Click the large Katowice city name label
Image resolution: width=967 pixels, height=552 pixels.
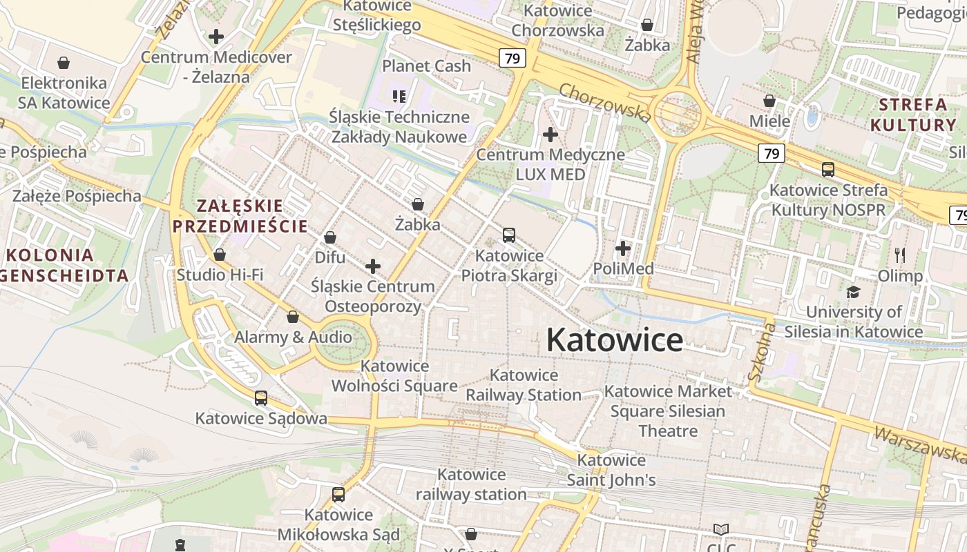tap(615, 340)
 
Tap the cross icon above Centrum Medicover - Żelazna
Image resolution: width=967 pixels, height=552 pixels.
tap(216, 37)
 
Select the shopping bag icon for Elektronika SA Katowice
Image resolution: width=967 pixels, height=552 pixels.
tap(64, 63)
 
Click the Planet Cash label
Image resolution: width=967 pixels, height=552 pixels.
tap(426, 66)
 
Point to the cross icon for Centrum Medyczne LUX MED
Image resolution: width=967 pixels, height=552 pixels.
tap(550, 135)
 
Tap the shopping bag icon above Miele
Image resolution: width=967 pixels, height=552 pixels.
tap(769, 101)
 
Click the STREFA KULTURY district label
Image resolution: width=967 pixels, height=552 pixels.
tap(912, 115)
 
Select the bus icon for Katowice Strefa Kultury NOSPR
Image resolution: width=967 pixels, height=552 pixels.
tap(827, 169)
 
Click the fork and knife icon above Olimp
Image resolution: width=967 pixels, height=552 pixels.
tap(900, 255)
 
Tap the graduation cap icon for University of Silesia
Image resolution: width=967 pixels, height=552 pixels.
tap(853, 292)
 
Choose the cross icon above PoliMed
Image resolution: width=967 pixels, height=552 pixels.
tap(623, 248)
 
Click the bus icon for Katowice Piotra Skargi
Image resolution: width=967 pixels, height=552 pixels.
tap(509, 235)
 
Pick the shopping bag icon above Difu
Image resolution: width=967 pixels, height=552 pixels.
tap(330, 238)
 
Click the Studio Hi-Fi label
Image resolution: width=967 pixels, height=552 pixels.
tap(220, 275)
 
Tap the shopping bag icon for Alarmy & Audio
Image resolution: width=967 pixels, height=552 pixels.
tap(293, 317)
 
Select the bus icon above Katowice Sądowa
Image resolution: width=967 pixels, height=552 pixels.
tap(260, 398)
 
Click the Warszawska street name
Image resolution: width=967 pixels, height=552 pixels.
tap(919, 445)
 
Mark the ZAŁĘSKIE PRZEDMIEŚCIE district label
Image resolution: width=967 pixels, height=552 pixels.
tap(240, 216)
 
